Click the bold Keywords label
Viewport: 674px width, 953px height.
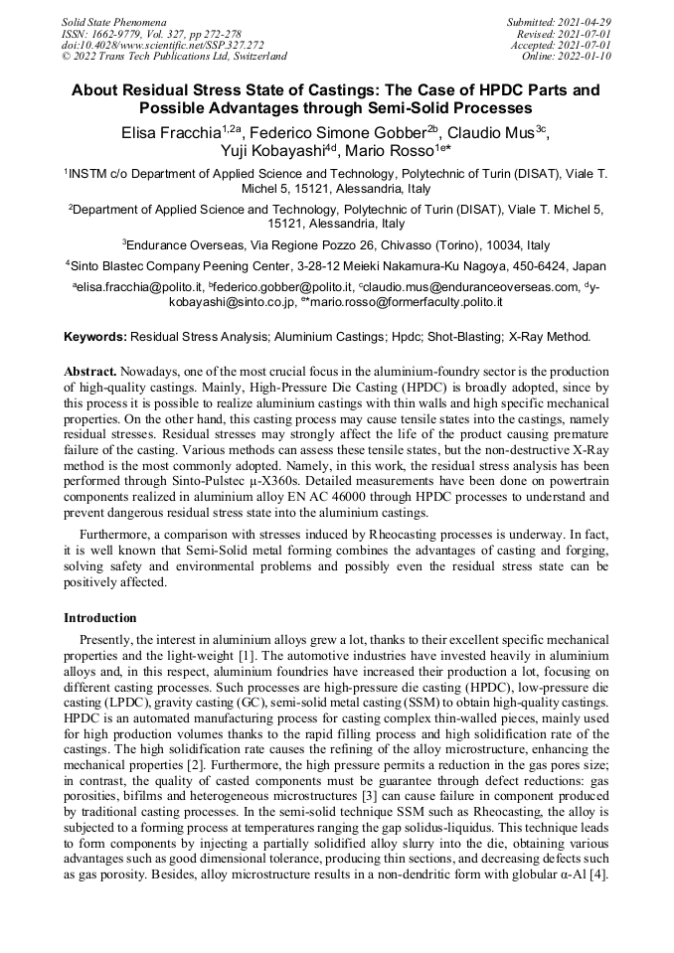95,337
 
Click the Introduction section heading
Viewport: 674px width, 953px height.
100,617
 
